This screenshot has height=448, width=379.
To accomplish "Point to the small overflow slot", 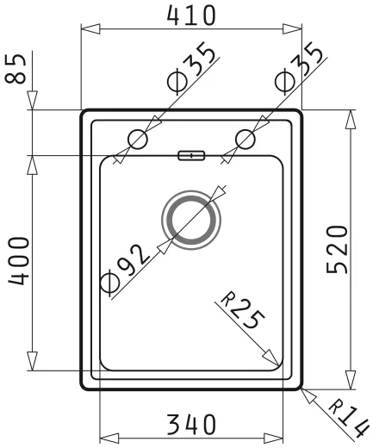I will [x=191, y=155].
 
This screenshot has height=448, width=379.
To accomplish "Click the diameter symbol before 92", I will [x=109, y=281].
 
